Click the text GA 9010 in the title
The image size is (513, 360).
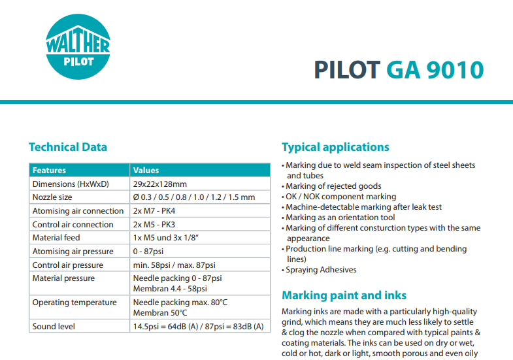coord(435,70)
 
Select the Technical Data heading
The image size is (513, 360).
coord(68,147)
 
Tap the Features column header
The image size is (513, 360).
coord(50,171)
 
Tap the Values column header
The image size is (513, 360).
coord(146,171)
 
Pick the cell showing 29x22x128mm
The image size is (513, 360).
coord(159,184)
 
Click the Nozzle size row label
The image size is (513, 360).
coord(52,197)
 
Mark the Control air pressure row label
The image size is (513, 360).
coord(68,265)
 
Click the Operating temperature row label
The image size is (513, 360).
coord(74,303)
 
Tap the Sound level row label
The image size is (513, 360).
coord(54,326)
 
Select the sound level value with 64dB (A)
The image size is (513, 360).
coord(198,326)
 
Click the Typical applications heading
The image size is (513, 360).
coord(335,147)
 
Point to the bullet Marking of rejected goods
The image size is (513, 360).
coord(333,186)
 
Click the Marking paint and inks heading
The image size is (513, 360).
coord(344,295)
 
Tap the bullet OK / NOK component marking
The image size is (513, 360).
coord(340,197)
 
